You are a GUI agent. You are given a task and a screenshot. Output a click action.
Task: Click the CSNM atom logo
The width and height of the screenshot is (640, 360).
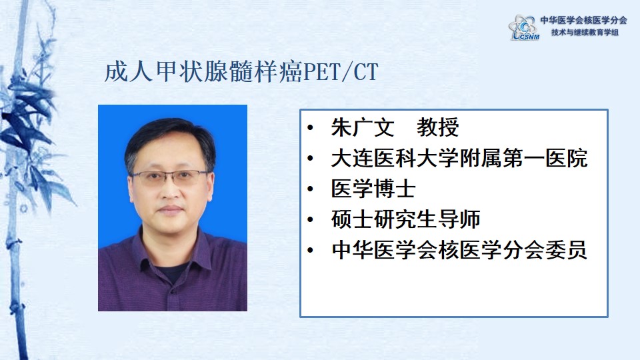524,27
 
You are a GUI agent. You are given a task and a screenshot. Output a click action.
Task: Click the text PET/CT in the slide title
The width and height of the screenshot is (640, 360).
341,72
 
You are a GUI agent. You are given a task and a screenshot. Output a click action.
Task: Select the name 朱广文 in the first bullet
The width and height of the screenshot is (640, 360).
363,127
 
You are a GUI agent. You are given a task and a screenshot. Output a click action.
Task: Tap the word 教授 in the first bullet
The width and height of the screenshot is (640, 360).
437,127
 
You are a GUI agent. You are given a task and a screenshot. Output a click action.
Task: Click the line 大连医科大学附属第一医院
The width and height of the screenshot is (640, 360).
459,158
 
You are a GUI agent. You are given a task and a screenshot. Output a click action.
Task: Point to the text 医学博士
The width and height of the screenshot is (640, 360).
373,189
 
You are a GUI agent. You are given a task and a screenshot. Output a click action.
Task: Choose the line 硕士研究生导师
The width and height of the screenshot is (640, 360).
406,219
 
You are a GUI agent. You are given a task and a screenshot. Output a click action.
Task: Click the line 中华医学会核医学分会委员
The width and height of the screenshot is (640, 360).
459,250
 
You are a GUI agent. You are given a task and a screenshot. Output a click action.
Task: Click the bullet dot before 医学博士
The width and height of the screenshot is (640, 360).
310,189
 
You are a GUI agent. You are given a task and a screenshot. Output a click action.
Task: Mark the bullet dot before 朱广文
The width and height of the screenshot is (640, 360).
310,128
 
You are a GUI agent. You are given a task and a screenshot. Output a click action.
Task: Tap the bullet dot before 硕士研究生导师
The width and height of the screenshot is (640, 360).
310,219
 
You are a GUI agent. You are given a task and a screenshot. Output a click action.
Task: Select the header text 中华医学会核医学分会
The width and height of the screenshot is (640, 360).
584,20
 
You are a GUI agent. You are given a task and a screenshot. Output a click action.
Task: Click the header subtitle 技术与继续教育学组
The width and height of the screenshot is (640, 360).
585,32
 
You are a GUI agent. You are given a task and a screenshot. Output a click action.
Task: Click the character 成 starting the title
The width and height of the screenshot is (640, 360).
117,72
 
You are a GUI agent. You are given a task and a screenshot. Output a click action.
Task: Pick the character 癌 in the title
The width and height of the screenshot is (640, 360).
291,72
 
